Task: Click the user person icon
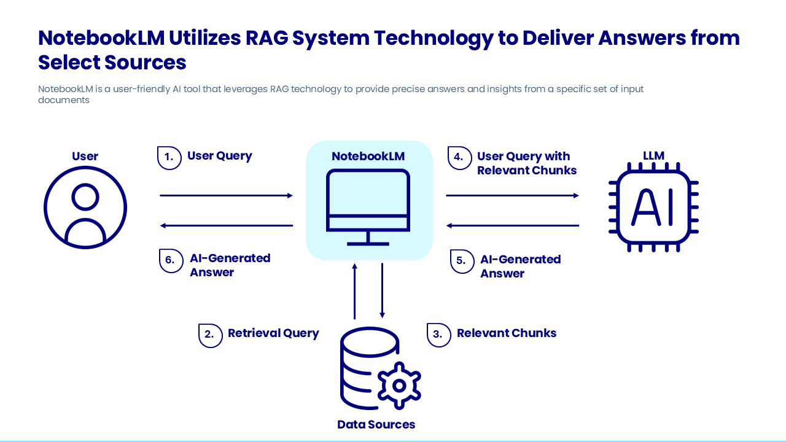[x=85, y=207]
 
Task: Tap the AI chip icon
[x=653, y=207]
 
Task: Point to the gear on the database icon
[x=399, y=386]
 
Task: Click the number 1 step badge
[x=169, y=157]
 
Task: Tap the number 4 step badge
[x=459, y=158]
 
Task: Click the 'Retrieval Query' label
[x=273, y=333]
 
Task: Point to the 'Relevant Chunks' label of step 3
[x=507, y=333]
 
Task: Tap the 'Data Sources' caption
[x=376, y=424]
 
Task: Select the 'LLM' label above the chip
[x=653, y=156]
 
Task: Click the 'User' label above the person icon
[x=85, y=156]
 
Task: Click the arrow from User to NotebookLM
[x=226, y=196]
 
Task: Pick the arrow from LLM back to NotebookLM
[x=512, y=226]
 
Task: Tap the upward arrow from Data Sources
[x=354, y=292]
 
